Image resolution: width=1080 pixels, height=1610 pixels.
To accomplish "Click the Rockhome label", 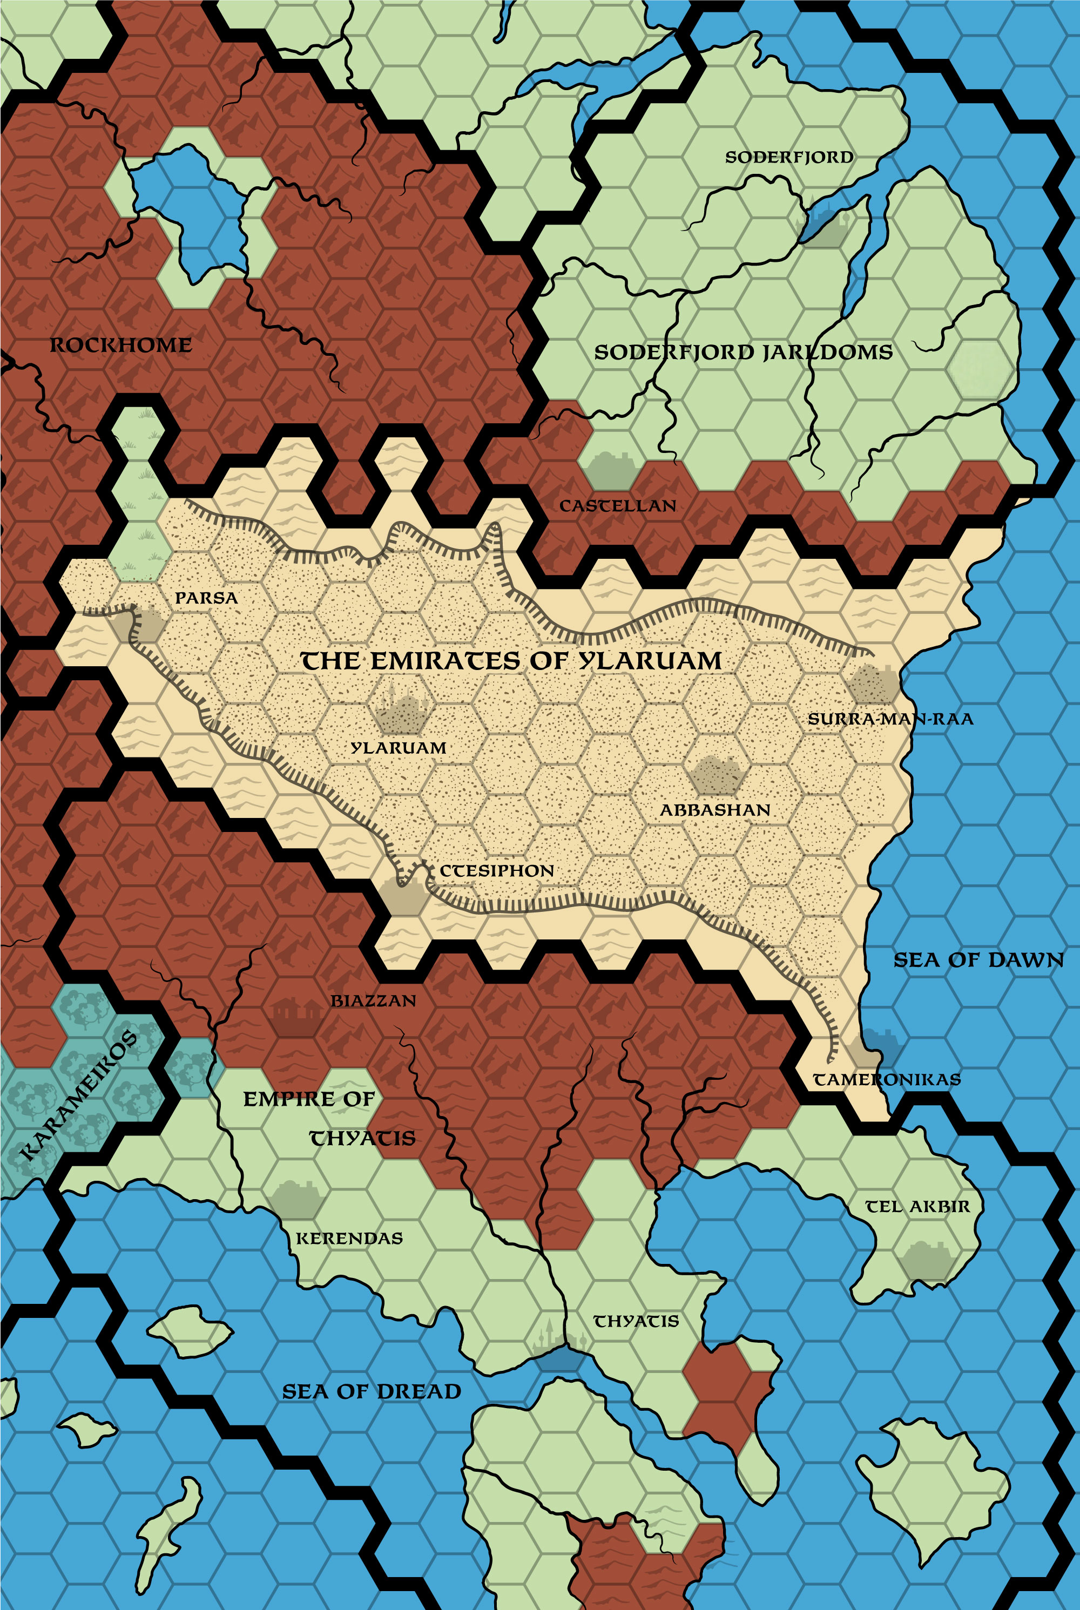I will click(120, 345).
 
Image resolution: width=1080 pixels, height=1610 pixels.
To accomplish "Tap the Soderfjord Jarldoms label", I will click(743, 353).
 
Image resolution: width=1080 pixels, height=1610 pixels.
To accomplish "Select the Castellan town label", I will click(617, 506).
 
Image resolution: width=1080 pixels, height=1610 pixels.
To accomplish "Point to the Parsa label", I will click(206, 598).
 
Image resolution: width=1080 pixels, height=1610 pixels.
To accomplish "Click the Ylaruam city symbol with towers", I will click(400, 713).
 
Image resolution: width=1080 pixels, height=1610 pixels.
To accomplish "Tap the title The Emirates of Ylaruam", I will click(511, 661).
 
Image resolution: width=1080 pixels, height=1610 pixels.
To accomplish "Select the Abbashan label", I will click(715, 810).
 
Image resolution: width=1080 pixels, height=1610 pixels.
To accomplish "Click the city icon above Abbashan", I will click(717, 774).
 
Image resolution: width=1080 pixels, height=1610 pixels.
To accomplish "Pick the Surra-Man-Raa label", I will click(890, 719).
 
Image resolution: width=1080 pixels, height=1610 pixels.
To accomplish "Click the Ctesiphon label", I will click(497, 871).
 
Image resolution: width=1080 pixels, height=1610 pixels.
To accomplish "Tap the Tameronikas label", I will click(887, 1080).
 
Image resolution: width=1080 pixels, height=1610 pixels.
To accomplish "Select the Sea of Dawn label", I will click(978, 960).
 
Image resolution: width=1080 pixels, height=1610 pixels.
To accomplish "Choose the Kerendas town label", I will click(349, 1238).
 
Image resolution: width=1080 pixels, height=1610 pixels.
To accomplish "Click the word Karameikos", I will click(77, 1095).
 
